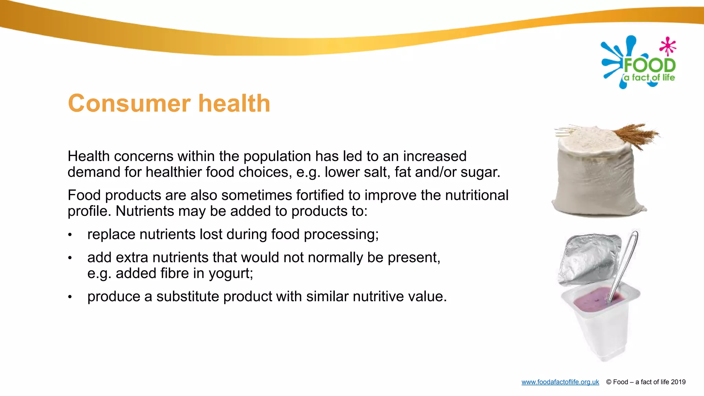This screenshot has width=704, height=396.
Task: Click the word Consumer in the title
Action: click(129, 103)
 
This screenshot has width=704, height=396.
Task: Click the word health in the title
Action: click(234, 103)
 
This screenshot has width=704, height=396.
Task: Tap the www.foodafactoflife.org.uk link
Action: click(560, 382)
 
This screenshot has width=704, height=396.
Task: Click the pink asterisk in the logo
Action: click(668, 46)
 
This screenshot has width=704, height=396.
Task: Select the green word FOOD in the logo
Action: click(649, 65)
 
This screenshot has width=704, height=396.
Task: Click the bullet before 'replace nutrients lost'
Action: click(70, 235)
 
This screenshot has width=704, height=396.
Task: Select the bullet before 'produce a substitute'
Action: click(70, 297)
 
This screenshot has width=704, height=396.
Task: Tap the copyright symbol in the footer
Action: click(609, 382)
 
